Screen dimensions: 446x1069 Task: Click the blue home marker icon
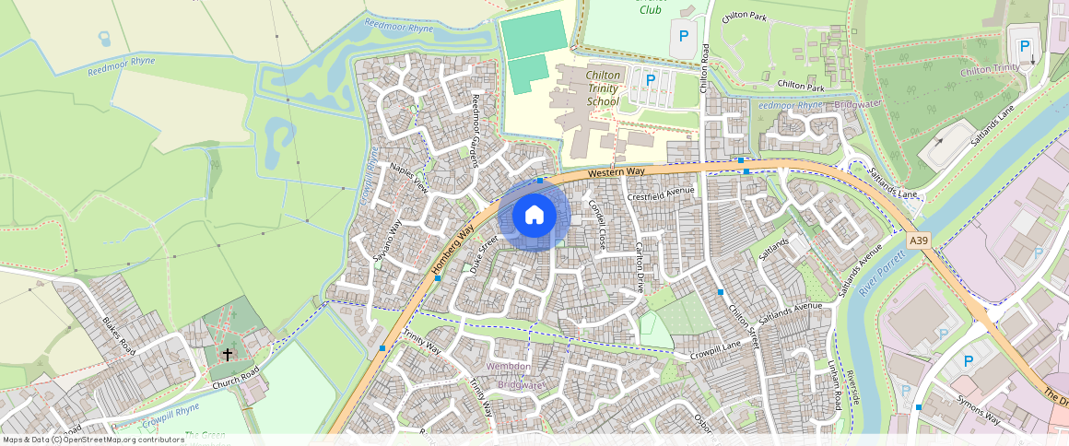(534, 216)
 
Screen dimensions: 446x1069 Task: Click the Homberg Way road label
(453, 251)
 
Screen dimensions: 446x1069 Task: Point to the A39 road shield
(918, 240)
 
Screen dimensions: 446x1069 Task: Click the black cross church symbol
(228, 354)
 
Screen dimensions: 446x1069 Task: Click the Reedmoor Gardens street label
(475, 129)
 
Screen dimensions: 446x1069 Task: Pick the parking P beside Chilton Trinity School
(651, 80)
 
